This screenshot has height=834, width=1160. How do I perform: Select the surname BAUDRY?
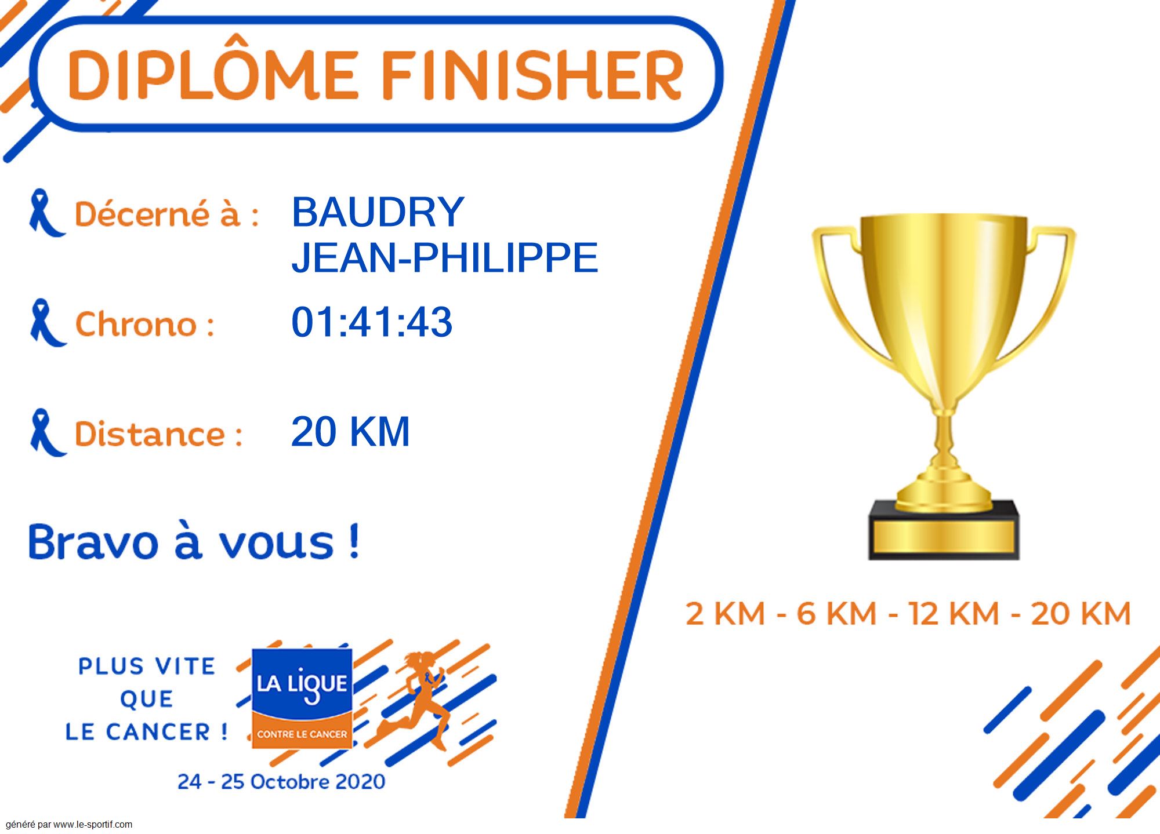coord(378,212)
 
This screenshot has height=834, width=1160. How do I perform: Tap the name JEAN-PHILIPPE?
coord(444,257)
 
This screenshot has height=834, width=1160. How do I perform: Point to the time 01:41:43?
coord(372,322)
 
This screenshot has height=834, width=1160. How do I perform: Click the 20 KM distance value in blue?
coord(350,431)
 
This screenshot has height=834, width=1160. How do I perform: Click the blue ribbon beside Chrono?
coord(47,323)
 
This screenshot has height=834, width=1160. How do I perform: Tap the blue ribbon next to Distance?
coord(47,432)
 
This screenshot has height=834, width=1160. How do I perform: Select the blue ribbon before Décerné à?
coord(46,213)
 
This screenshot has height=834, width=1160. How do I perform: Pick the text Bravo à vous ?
coord(194,541)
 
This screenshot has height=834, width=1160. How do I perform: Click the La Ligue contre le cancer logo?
coord(302,698)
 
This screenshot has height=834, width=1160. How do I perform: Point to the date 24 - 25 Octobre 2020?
coord(281,781)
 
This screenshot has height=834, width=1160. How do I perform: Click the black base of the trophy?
coord(944,530)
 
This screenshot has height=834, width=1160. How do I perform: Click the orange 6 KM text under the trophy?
coord(836,613)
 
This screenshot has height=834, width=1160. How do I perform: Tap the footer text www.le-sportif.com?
coord(93,824)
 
